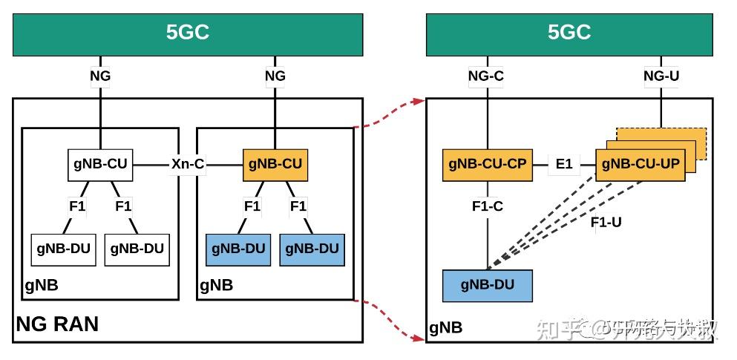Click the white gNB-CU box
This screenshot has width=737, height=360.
(100, 164)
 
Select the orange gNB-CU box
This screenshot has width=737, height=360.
(275, 164)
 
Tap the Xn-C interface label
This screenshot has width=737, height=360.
(187, 164)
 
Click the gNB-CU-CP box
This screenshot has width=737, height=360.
(487, 164)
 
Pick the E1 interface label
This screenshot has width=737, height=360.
(564, 164)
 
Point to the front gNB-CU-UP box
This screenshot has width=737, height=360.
(640, 164)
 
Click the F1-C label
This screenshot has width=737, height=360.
(487, 206)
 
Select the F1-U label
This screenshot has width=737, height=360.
(606, 221)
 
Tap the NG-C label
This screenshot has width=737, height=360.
(486, 76)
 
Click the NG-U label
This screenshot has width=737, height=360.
(661, 76)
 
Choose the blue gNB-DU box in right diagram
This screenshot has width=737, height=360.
(487, 285)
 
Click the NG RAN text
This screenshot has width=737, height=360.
(57, 324)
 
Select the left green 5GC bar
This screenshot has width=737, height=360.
(187, 33)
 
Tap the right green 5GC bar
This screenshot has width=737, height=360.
(569, 33)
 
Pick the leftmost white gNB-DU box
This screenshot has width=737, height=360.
(63, 249)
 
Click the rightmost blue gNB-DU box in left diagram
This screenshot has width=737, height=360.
(312, 249)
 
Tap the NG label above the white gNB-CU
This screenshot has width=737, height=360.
(100, 76)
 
